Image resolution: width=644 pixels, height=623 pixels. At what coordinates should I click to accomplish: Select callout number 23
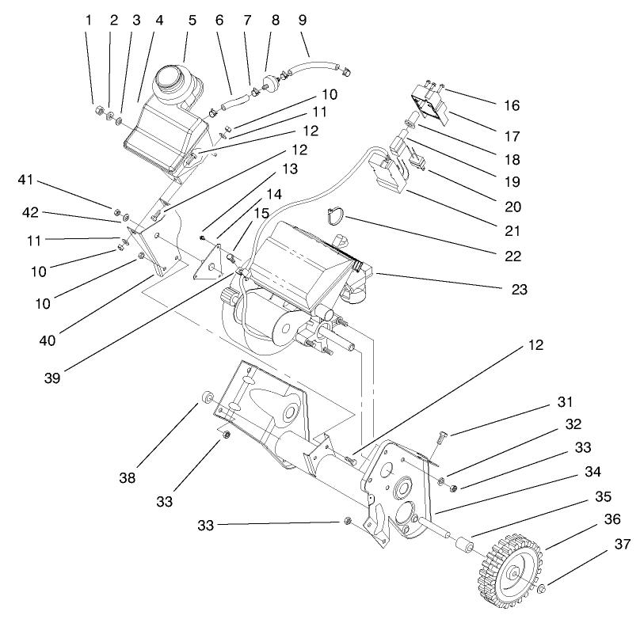[x=519, y=290]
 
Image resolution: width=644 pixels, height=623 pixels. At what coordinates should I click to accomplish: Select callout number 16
[x=513, y=104]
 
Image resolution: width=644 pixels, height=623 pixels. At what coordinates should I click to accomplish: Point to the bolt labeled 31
[x=442, y=434]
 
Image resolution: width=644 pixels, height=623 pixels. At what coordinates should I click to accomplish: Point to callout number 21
[x=513, y=230]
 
